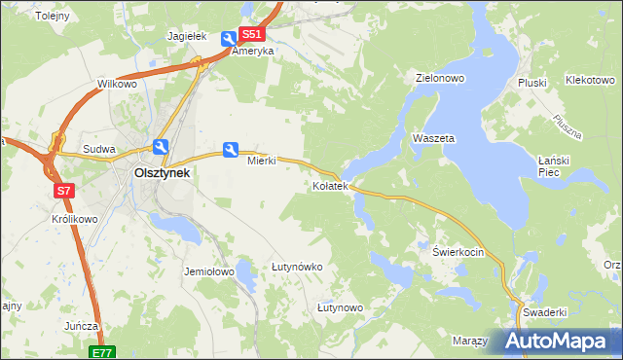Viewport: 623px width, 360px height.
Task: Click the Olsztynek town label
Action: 162,173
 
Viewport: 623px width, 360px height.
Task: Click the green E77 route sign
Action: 104,352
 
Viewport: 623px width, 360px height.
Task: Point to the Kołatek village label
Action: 329,186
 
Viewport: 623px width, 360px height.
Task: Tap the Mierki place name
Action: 262,162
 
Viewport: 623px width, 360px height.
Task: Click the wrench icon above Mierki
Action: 231,149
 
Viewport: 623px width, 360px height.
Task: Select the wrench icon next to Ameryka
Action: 228,39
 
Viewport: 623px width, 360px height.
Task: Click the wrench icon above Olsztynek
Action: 161,148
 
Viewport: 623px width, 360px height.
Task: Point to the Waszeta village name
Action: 433,139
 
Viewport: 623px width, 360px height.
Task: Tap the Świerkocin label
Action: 458,250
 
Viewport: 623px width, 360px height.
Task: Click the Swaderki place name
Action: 544,312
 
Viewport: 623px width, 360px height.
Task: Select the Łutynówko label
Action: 297,266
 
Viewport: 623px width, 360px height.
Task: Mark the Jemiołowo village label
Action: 209,272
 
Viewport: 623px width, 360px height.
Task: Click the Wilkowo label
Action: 117,85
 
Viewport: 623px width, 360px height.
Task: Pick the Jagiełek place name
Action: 188,36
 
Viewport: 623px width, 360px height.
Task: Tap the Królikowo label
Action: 75,219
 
